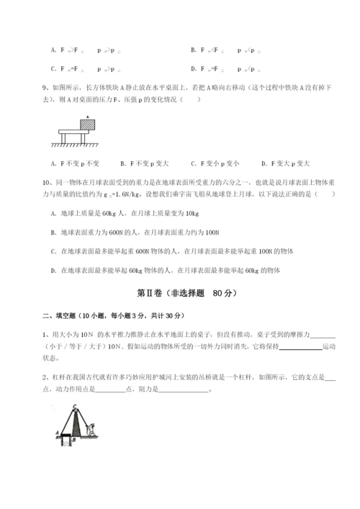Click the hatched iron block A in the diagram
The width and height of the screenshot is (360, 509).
click(x=88, y=124)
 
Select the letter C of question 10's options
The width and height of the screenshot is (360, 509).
click(x=54, y=251)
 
